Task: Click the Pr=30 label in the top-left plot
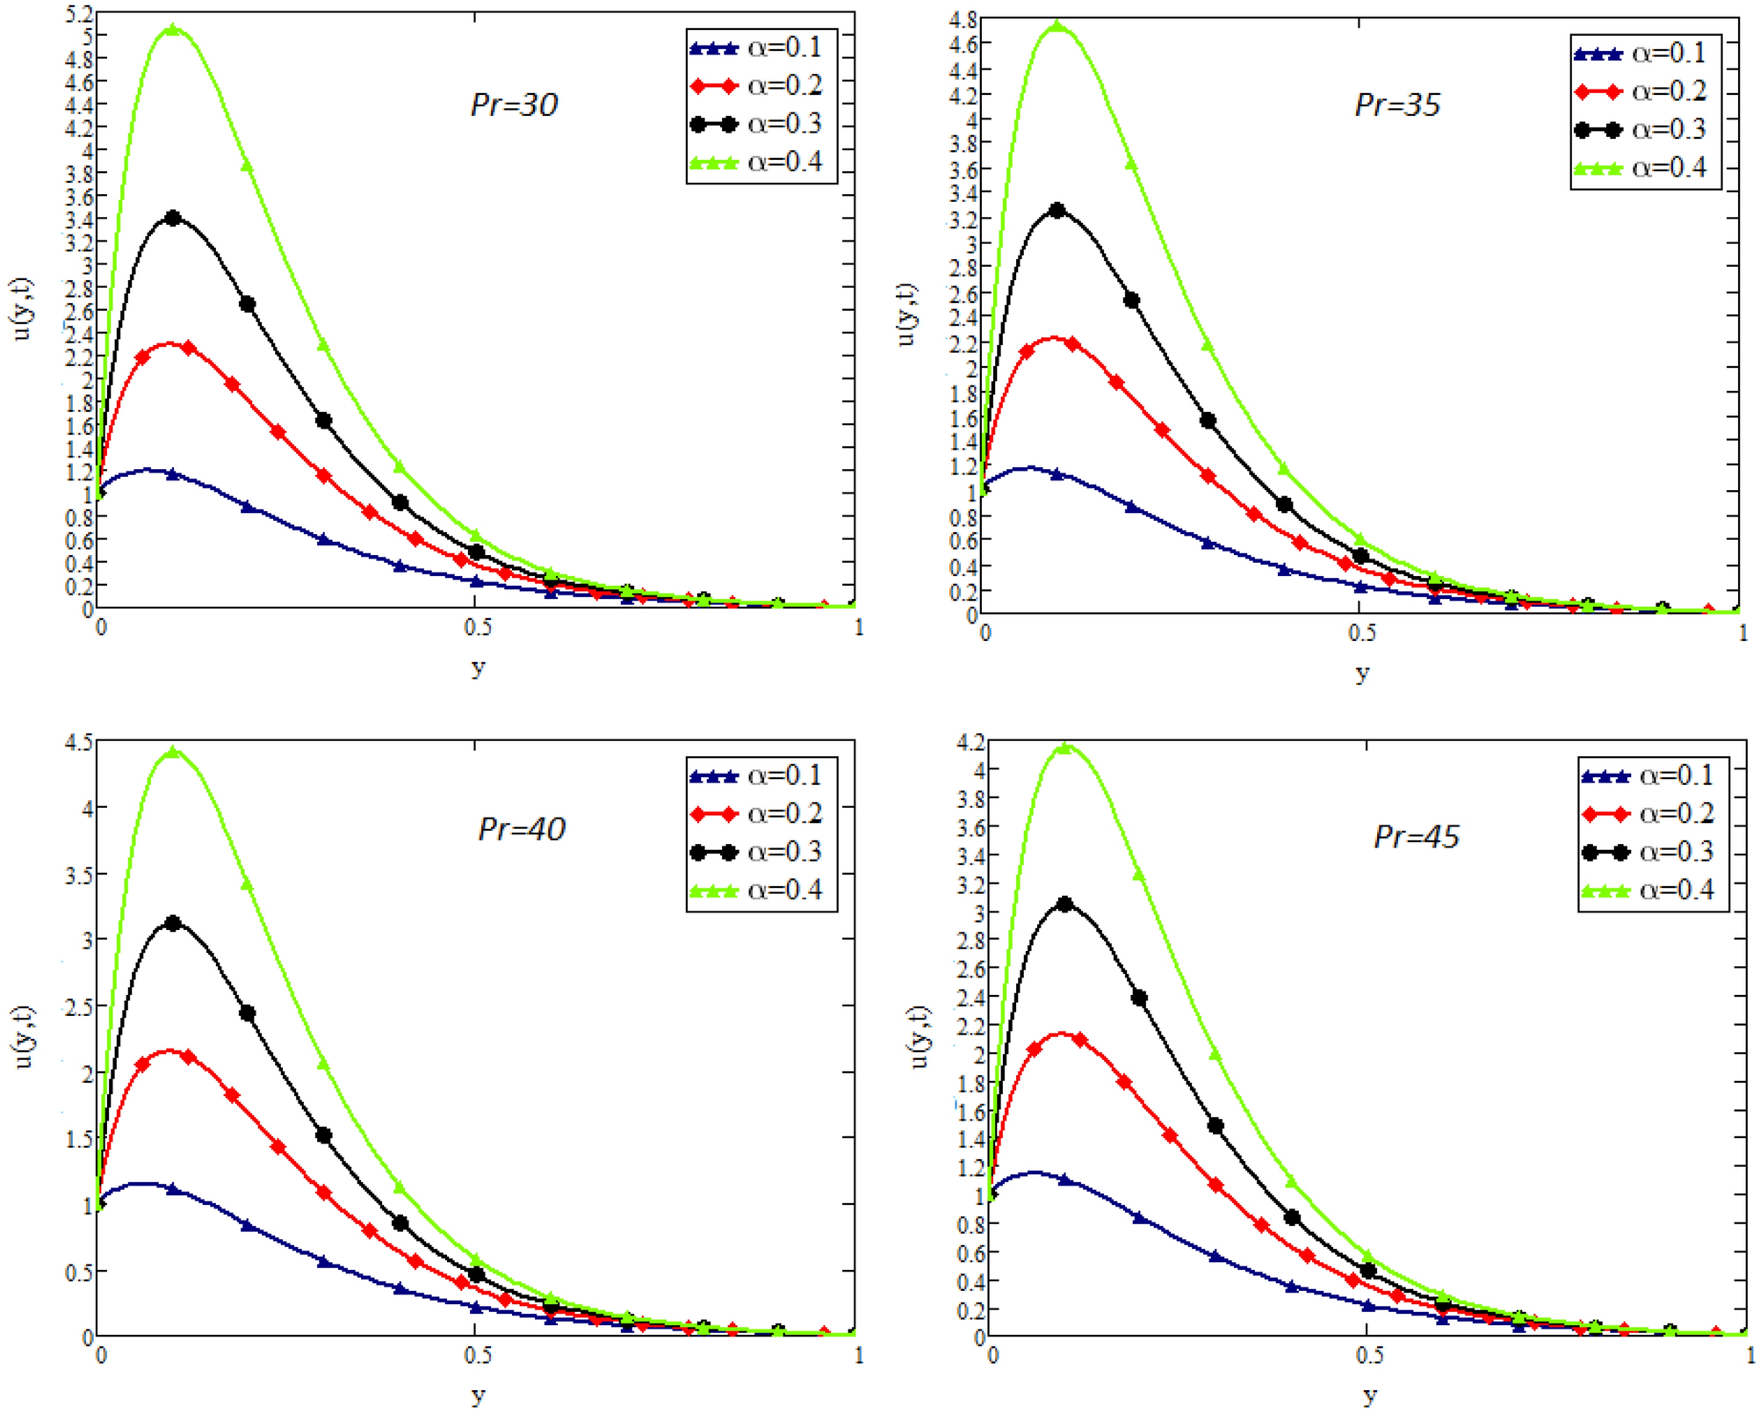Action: (x=514, y=105)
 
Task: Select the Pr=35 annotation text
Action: (x=1397, y=105)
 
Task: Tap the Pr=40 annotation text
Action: (x=522, y=829)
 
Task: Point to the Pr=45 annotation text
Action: (x=1417, y=837)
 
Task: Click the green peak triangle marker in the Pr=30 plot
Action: (x=173, y=30)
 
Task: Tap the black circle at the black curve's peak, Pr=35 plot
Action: (x=1057, y=211)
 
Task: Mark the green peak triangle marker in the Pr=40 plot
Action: (x=173, y=752)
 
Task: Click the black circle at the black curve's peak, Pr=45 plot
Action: (x=1065, y=904)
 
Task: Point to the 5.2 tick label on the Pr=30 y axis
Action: (x=78, y=14)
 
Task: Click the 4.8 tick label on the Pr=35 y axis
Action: (x=963, y=19)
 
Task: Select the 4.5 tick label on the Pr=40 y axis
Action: (x=78, y=742)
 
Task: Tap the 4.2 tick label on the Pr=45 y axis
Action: (x=970, y=742)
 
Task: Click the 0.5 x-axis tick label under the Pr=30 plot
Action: (x=477, y=627)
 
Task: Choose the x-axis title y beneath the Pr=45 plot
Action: (x=1370, y=1394)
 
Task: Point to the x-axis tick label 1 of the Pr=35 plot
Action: (x=1743, y=632)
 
